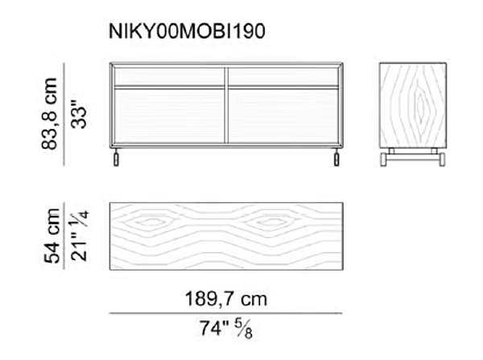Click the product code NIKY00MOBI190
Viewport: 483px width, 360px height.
tap(187, 31)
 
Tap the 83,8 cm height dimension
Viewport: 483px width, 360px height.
tap(49, 114)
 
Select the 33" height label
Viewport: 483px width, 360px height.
tap(79, 118)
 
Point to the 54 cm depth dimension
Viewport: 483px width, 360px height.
tap(52, 236)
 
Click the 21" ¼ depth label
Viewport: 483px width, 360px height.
tap(80, 236)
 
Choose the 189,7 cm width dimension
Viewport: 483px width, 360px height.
tap(226, 299)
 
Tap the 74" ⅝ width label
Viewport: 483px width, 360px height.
tap(226, 329)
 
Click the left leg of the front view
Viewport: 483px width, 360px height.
tap(116, 158)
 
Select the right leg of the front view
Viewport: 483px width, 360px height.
tap(336, 158)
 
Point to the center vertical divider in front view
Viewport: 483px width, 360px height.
tap(226, 106)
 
